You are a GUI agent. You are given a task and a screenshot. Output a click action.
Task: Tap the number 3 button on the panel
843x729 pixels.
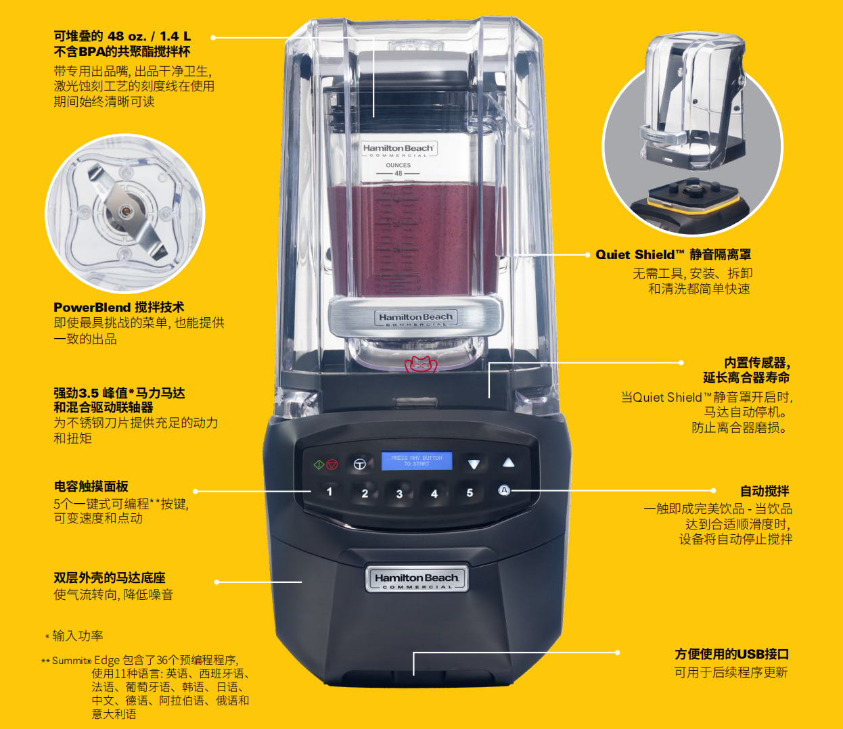coord(399,494)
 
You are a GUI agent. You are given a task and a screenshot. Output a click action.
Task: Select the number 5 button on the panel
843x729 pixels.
coord(470,492)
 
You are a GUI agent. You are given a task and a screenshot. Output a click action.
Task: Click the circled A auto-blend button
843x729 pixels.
coord(504,490)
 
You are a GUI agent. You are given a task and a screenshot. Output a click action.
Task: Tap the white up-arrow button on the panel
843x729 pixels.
coord(508,463)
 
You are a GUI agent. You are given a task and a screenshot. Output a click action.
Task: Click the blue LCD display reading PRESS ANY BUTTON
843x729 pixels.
coord(417,461)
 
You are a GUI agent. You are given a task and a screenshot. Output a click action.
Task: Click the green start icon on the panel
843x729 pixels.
coord(319,465)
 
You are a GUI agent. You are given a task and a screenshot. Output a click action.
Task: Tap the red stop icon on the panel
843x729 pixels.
coord(332,465)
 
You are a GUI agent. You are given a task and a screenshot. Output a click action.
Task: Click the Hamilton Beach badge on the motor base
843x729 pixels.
coord(417,579)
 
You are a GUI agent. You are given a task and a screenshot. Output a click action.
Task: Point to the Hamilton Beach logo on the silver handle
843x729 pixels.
coord(415,319)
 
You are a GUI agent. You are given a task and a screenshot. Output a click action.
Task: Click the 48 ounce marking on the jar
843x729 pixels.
coord(398,173)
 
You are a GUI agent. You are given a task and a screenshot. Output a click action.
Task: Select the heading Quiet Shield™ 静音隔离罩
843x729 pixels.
coord(673,254)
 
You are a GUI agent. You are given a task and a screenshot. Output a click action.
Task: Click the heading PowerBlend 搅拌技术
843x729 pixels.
coord(118,307)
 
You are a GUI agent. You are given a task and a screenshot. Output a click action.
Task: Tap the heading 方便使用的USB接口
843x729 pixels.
coord(731,654)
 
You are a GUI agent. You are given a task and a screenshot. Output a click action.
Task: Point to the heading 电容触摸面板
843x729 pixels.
coord(91,486)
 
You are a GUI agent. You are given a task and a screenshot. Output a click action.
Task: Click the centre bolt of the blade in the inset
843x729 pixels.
coord(126,211)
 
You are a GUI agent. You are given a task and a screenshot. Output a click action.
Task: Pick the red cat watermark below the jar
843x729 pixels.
coord(420,364)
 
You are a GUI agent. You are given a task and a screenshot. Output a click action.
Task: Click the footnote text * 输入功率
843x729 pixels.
coord(74,636)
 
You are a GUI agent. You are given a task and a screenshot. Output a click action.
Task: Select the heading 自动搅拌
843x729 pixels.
coord(765,491)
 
